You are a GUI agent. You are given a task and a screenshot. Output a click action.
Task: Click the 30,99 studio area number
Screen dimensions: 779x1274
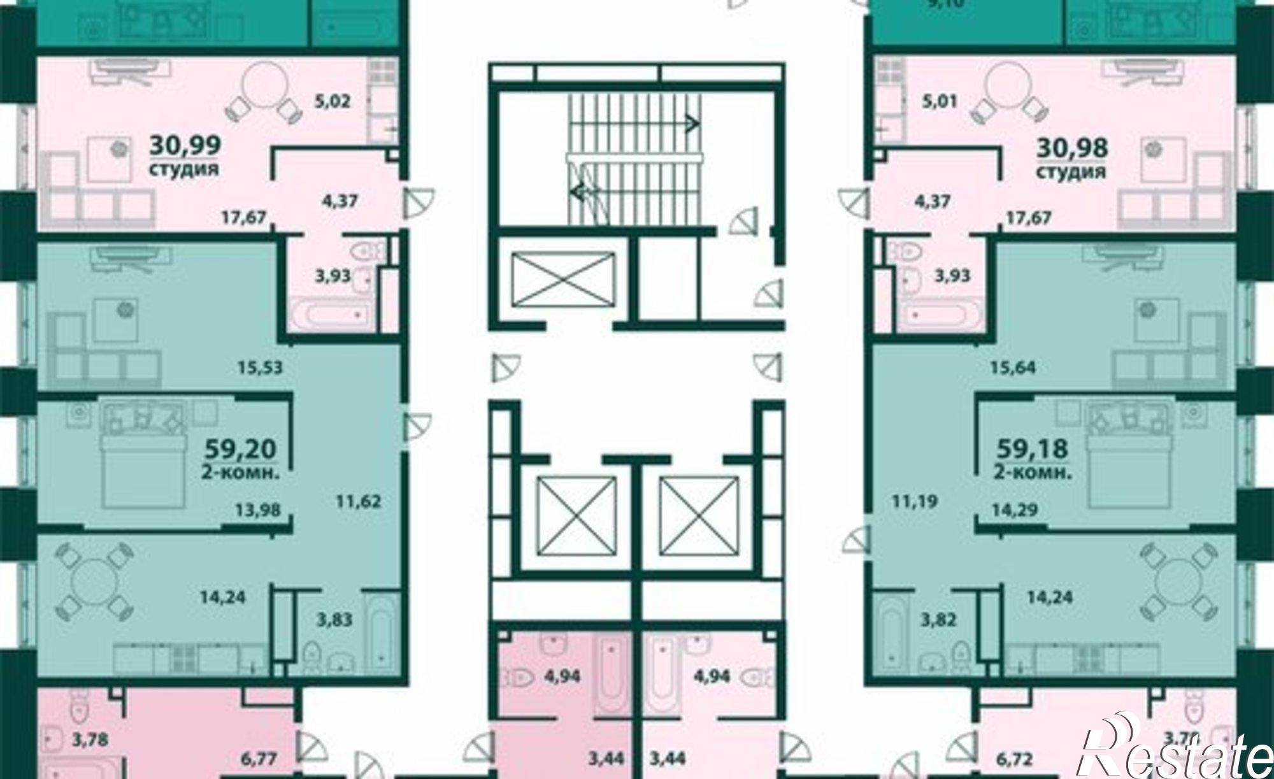pyautogui.click(x=185, y=146)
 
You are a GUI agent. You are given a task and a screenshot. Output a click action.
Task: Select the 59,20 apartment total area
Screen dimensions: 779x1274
pyautogui.click(x=241, y=448)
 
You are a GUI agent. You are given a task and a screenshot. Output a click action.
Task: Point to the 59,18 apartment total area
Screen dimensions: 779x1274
pyautogui.click(x=1032, y=448)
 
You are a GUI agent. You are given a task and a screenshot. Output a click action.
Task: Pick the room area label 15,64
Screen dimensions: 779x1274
pyautogui.click(x=1013, y=368)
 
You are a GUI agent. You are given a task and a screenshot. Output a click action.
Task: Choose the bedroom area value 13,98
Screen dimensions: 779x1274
pyautogui.click(x=257, y=509)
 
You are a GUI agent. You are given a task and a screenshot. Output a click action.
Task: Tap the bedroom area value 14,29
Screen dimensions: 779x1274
pyautogui.click(x=1015, y=509)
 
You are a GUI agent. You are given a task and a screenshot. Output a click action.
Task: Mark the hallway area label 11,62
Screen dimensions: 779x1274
pyautogui.click(x=359, y=501)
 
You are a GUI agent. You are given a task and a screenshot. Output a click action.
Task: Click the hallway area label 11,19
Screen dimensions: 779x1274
pyautogui.click(x=915, y=501)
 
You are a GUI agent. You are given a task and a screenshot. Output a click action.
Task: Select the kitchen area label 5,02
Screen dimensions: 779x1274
pyautogui.click(x=333, y=101)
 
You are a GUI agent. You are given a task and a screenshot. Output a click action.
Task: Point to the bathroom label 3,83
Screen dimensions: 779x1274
pyautogui.click(x=334, y=618)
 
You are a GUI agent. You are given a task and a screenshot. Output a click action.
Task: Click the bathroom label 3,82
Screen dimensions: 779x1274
pyautogui.click(x=939, y=618)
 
